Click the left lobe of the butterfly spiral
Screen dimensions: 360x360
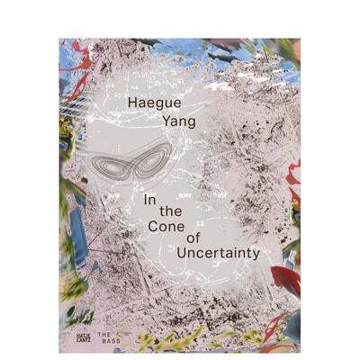pyautogui.click(x=104, y=164)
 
